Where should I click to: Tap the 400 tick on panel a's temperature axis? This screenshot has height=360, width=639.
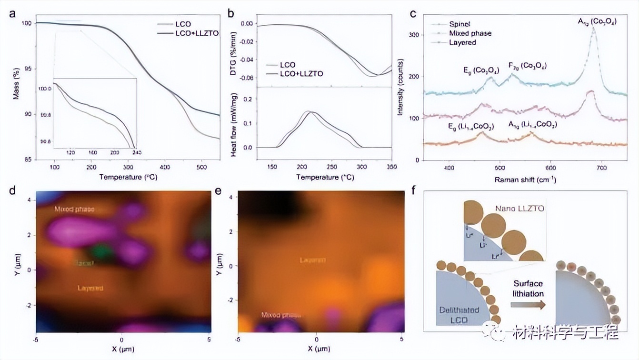(165, 168)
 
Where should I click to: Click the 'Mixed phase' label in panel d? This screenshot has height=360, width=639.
(74, 209)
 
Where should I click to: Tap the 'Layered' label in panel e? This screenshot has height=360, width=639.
(312, 260)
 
